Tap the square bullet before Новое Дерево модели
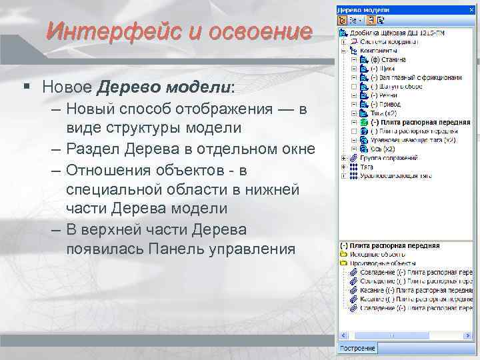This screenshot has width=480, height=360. click(x=26, y=87)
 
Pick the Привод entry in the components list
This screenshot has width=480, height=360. click(x=386, y=104)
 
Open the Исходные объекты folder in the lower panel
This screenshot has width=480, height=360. click(x=373, y=255)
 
